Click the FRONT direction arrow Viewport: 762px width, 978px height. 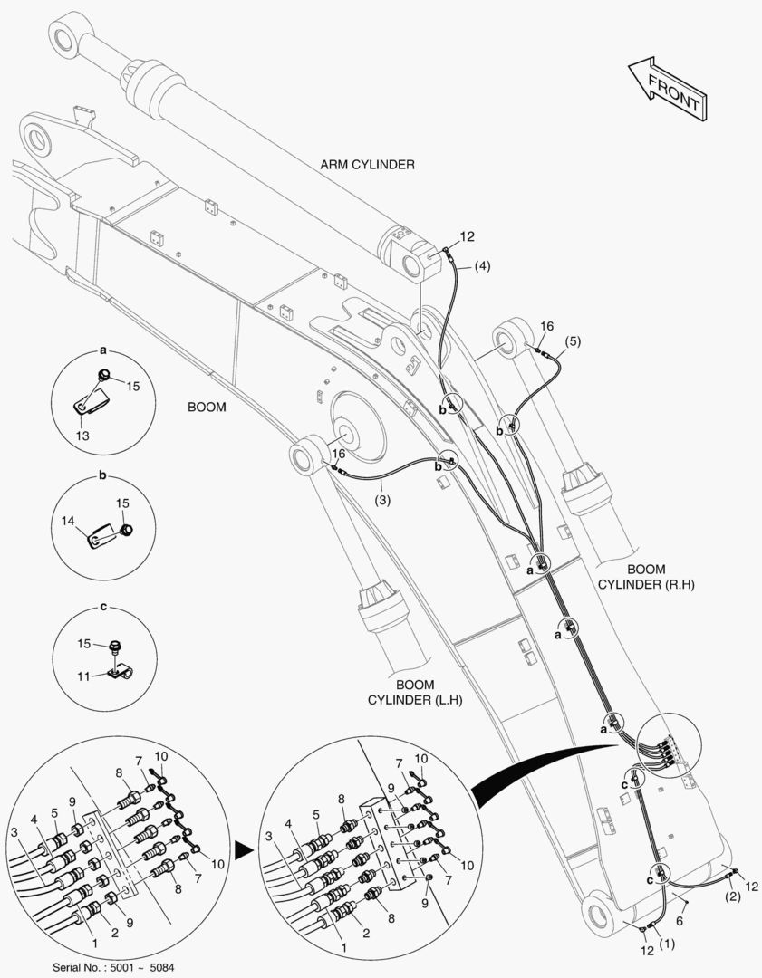(x=668, y=88)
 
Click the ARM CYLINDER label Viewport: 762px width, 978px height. (x=367, y=165)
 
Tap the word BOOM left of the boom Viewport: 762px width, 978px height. (x=207, y=407)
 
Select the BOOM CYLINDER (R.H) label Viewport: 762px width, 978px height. (x=646, y=577)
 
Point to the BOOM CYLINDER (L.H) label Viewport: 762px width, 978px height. (x=413, y=692)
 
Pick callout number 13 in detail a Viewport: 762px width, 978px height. (x=83, y=436)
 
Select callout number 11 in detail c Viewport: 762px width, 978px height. (x=82, y=676)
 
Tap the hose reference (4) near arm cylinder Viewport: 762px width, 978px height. (x=484, y=266)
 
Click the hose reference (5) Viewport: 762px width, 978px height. (x=572, y=341)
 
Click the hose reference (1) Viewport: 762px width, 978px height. (x=667, y=944)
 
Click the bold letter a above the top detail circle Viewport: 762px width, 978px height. (x=102, y=349)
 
